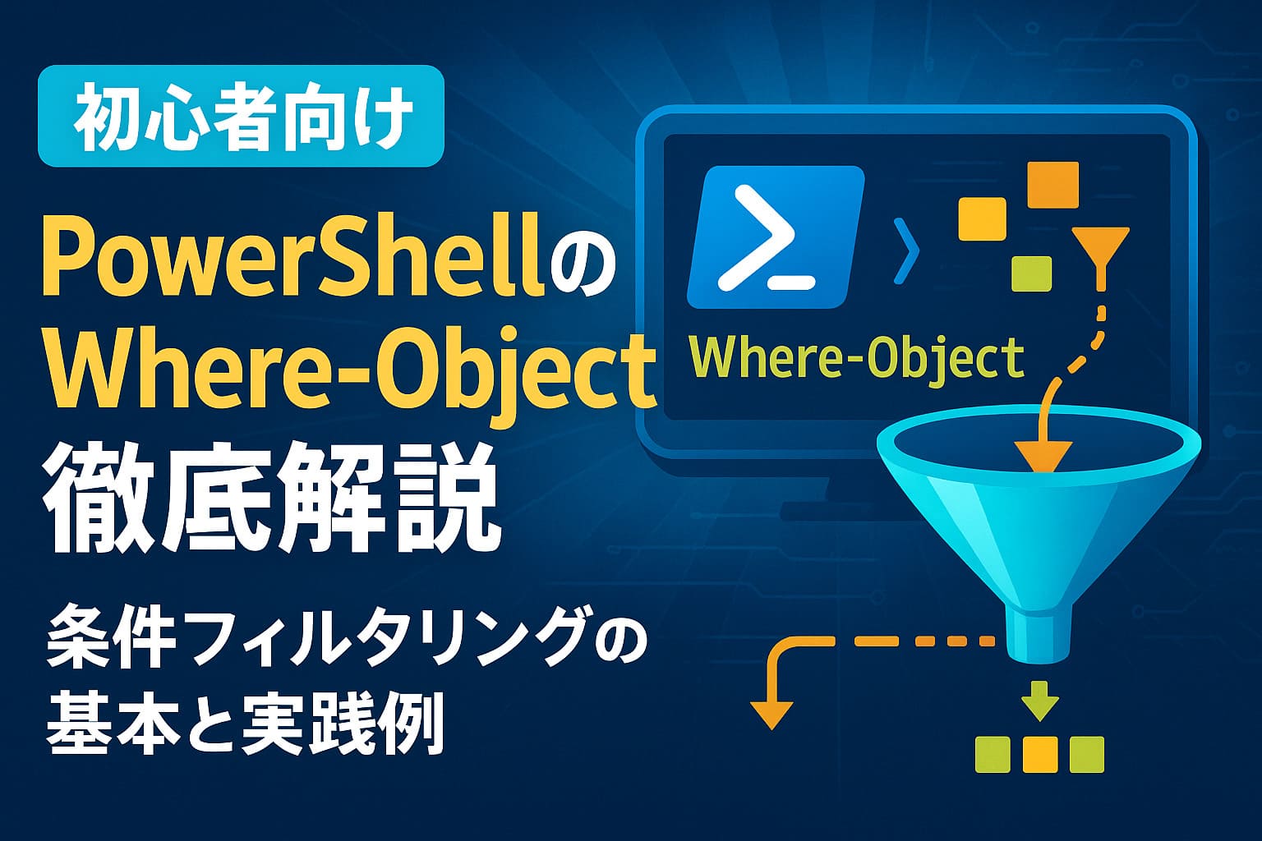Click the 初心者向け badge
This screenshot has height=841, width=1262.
[241, 116]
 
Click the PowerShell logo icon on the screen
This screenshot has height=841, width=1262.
[776, 237]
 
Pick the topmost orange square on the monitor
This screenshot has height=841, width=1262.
[1053, 185]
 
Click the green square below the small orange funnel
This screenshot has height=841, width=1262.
[1032, 273]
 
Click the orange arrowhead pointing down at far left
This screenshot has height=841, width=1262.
[771, 715]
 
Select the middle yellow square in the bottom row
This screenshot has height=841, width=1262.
[1039, 754]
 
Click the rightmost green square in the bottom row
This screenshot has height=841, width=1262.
[1087, 754]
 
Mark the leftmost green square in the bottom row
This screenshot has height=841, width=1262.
[993, 754]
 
